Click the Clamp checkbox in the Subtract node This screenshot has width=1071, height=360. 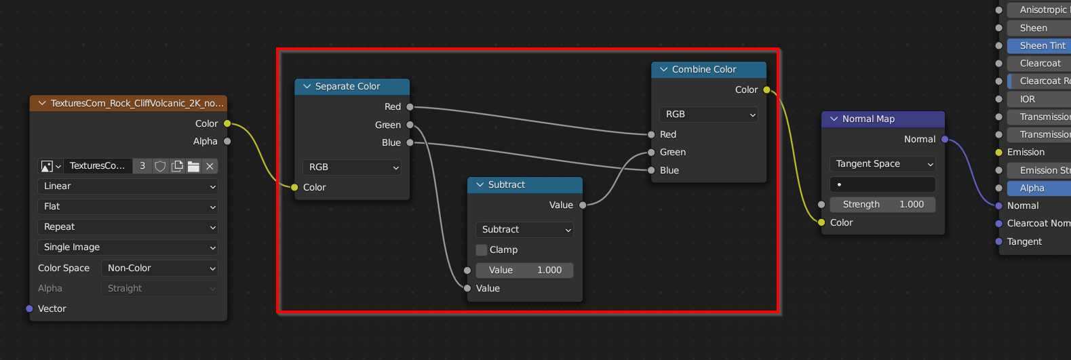pos(482,249)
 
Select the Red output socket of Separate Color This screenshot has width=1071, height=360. pos(410,106)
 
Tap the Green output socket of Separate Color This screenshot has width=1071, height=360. pos(410,125)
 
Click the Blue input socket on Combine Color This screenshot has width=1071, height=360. pos(651,170)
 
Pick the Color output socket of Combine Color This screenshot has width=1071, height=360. pos(766,89)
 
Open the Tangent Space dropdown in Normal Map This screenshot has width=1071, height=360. pos(882,164)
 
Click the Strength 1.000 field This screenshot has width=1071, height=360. pos(882,205)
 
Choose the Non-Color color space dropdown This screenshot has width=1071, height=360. pos(159,268)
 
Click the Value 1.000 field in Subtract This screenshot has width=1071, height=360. pos(524,270)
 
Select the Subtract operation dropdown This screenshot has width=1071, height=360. pos(524,229)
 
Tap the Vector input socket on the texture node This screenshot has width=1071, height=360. pos(29,308)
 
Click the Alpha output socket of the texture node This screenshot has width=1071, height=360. pos(228,141)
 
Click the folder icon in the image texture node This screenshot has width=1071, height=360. pos(193,166)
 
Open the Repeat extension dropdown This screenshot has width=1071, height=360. pos(128,227)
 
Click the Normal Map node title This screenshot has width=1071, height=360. pos(868,119)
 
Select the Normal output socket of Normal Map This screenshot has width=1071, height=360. pos(945,139)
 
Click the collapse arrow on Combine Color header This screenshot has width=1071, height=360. pos(663,69)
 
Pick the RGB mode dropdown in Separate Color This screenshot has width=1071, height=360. pos(352,167)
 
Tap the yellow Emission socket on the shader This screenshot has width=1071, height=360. pos(999,153)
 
